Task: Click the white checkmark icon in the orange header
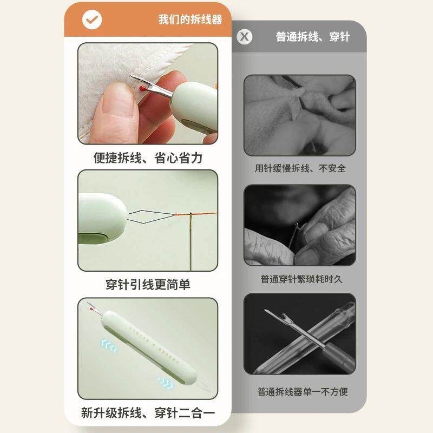click(x=92, y=19)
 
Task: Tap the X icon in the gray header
click(x=245, y=37)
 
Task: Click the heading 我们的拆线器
click(x=191, y=19)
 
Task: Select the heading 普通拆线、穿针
click(x=313, y=37)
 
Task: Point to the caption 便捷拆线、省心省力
click(x=148, y=158)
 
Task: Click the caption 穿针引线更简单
click(x=148, y=285)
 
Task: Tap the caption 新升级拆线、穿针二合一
click(x=148, y=413)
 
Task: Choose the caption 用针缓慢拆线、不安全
click(x=300, y=168)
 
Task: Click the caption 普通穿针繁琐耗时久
click(x=301, y=279)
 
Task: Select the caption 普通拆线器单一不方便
click(x=303, y=391)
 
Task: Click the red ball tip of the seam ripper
click(x=143, y=89)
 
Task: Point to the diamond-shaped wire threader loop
click(x=151, y=216)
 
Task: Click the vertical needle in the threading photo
click(x=191, y=241)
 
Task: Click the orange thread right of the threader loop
click(x=196, y=214)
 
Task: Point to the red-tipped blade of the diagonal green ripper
click(x=94, y=310)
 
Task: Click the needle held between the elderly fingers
click(x=293, y=235)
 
